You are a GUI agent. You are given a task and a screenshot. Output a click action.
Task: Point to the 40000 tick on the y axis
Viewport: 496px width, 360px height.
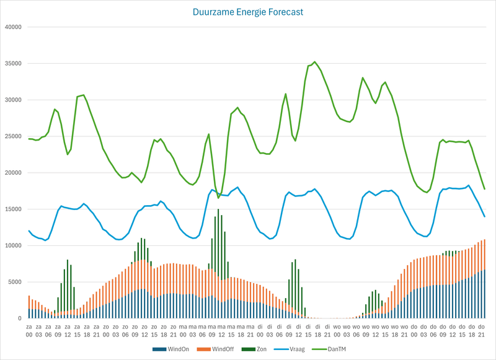(x=12, y=27)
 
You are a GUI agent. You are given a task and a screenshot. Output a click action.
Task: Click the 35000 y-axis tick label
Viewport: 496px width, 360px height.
(x=12, y=64)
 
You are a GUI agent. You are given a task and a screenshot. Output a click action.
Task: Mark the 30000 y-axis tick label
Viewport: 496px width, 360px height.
(x=12, y=100)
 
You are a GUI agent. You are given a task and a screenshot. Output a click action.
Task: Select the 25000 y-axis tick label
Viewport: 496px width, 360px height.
(x=12, y=136)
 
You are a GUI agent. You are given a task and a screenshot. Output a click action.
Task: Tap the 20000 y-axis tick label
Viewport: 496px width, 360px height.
(x=12, y=173)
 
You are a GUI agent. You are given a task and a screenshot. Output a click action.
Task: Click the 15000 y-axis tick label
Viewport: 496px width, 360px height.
(x=12, y=209)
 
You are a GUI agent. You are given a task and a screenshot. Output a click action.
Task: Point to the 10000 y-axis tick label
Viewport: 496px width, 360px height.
(x=12, y=245)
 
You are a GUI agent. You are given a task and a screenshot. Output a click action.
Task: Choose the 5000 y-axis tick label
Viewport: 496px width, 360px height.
(x=14, y=282)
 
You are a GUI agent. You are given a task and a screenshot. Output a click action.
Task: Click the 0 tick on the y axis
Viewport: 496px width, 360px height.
(x=19, y=318)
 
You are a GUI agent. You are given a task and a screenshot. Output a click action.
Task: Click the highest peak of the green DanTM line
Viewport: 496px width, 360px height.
(x=314, y=62)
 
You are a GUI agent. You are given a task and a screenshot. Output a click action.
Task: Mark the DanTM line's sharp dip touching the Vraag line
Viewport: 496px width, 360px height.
(x=218, y=198)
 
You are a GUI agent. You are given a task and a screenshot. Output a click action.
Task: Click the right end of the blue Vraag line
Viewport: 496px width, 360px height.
(x=484, y=216)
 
